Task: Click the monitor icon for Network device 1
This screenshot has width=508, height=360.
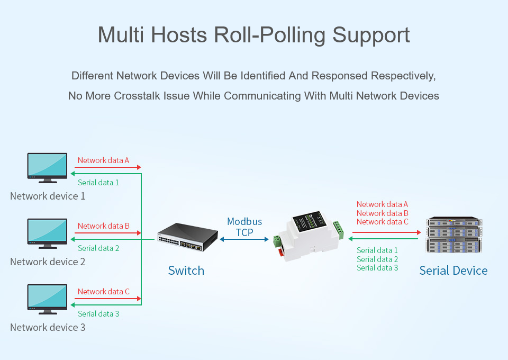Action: (x=47, y=168)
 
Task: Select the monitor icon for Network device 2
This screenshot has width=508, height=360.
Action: (x=47, y=233)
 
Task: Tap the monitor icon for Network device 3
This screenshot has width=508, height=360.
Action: (x=47, y=300)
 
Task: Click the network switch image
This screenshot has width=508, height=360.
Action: (x=187, y=237)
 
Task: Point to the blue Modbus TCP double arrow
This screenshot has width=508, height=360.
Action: (x=244, y=239)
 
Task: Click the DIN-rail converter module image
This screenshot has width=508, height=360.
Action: (x=309, y=236)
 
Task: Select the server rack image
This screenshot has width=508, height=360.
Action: (x=454, y=235)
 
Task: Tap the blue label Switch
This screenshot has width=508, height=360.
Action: (x=186, y=271)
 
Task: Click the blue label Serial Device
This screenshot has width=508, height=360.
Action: (x=453, y=271)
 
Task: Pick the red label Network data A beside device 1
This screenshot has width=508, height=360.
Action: (x=103, y=160)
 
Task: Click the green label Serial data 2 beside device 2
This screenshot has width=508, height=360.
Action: (x=98, y=248)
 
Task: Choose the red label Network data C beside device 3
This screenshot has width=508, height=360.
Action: (x=103, y=292)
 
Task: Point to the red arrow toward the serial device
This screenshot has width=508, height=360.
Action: (x=386, y=232)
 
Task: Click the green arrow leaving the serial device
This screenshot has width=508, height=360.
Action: (x=383, y=239)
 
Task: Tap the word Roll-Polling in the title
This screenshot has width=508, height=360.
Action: (x=269, y=35)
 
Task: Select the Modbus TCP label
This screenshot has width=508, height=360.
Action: (x=244, y=227)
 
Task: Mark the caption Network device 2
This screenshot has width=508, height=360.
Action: (x=48, y=262)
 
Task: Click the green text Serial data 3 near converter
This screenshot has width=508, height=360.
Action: (x=377, y=268)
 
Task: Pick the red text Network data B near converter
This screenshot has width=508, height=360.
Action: (x=382, y=213)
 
